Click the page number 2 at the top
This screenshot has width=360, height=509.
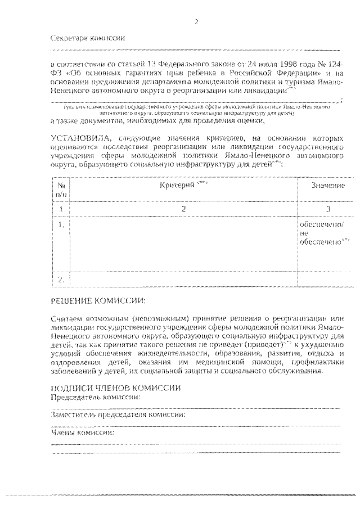(196, 22)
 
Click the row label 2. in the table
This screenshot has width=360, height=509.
(61, 278)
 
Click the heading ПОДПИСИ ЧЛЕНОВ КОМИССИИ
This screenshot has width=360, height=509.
(115, 388)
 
